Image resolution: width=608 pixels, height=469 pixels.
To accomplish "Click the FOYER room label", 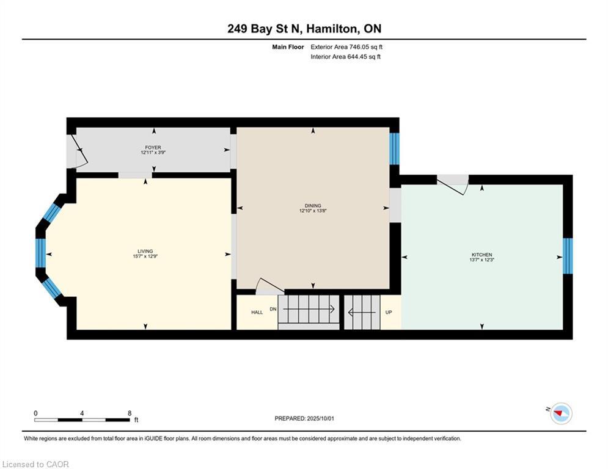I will (153, 147).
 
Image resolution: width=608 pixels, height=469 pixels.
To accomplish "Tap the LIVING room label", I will (145, 251).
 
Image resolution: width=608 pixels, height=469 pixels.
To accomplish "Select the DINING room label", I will (313, 206).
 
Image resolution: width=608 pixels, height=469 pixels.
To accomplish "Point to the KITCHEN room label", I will (482, 255).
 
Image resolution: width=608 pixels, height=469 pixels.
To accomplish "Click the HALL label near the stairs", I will (257, 312).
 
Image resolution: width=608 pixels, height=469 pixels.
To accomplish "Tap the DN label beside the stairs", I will (273, 309).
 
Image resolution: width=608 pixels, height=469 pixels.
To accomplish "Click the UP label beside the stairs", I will (388, 312).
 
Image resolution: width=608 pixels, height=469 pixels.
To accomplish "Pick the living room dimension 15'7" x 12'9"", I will (145, 256).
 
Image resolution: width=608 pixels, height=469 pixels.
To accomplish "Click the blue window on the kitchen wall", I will (567, 256).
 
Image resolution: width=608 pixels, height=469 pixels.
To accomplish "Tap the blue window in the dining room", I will (394, 148).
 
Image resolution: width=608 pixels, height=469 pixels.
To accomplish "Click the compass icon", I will (560, 413).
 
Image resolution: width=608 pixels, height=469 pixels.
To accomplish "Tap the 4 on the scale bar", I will (82, 413).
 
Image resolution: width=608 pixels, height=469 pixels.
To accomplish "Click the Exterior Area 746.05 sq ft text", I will (346, 47).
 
